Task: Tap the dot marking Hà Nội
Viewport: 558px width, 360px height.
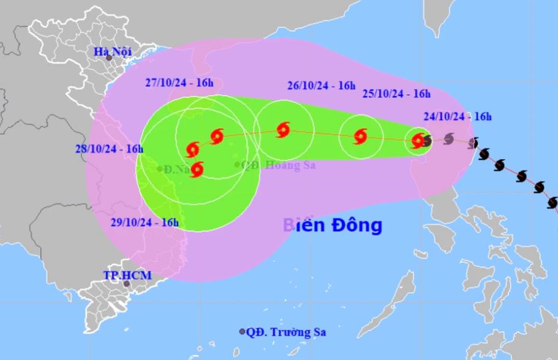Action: point(109,58)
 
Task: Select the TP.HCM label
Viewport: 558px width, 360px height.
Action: point(126,276)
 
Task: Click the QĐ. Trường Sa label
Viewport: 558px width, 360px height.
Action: point(285,332)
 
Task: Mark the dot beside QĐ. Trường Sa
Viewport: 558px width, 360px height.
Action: point(242,332)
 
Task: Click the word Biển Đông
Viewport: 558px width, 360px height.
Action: point(333,225)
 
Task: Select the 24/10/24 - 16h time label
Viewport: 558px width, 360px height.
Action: point(457,116)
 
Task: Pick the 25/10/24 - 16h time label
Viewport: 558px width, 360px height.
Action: point(396,94)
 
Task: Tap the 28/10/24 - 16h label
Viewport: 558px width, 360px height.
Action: point(110,149)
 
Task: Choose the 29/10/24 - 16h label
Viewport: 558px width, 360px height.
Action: point(145,222)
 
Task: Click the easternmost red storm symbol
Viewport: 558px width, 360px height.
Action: point(418,140)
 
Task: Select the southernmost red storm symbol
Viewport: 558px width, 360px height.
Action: point(197,169)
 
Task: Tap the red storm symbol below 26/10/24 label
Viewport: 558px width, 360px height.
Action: point(283,129)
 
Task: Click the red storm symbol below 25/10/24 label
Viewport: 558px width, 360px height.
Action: point(360,136)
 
